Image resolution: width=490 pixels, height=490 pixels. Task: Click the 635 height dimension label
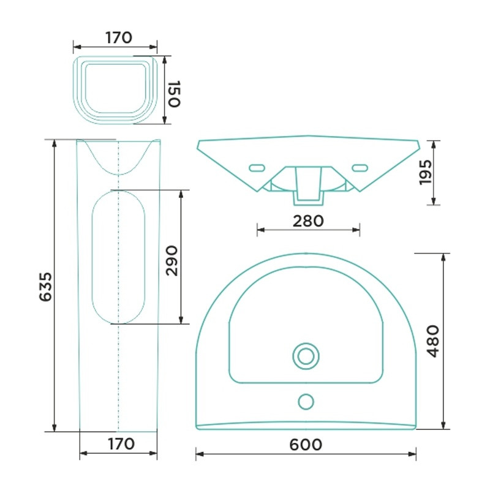(45, 287)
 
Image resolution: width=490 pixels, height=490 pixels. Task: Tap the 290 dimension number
(171, 261)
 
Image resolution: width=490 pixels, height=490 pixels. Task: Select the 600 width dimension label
(305, 445)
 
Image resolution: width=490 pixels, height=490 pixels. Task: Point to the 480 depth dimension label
(433, 341)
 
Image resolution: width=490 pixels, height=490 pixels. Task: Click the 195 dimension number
(425, 172)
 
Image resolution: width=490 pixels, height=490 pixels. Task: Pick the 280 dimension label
(308, 221)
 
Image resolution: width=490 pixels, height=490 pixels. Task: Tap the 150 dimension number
(175, 94)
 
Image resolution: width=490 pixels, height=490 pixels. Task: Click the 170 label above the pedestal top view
(119, 38)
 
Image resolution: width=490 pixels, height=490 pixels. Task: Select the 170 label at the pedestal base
(121, 443)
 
